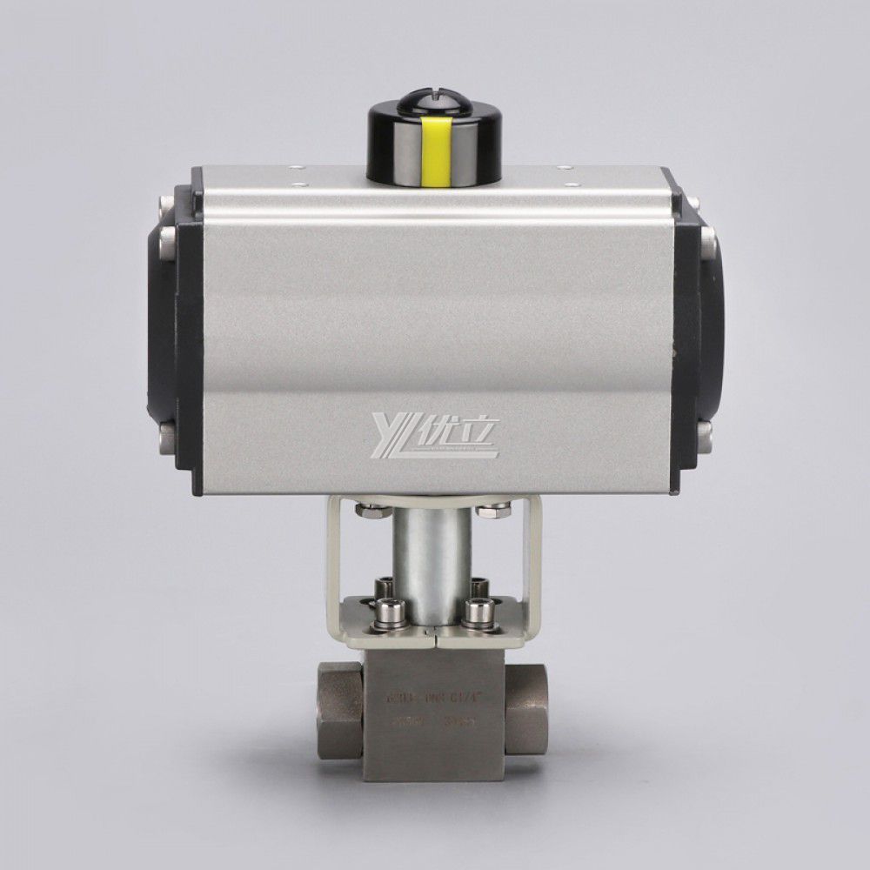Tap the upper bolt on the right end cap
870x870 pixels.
click(706, 236)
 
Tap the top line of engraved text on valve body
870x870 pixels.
click(432, 697)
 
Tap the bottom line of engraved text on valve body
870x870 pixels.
click(432, 721)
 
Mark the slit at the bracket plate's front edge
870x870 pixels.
click(432, 639)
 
